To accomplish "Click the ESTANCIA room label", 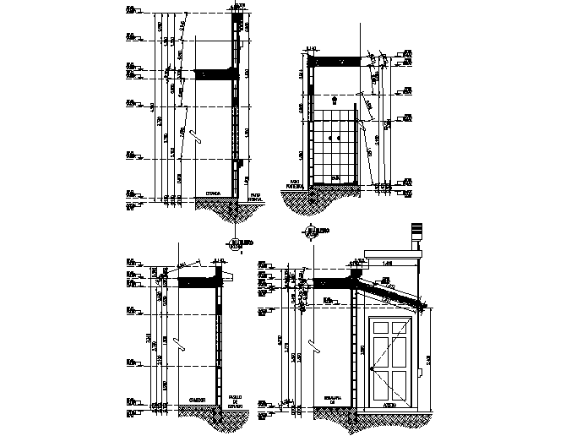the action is coord(213,193).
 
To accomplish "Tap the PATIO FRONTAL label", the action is coord(254,195).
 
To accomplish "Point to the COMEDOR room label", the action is coord(197,399).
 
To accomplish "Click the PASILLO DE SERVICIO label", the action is coord(236,401).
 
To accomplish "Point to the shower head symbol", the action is coord(335,99).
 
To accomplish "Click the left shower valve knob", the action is coord(331,137).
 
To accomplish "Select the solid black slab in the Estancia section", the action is coord(213,75).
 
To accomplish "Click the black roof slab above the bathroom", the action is coord(337,62).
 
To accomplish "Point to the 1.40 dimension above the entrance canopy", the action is coord(386,264).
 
